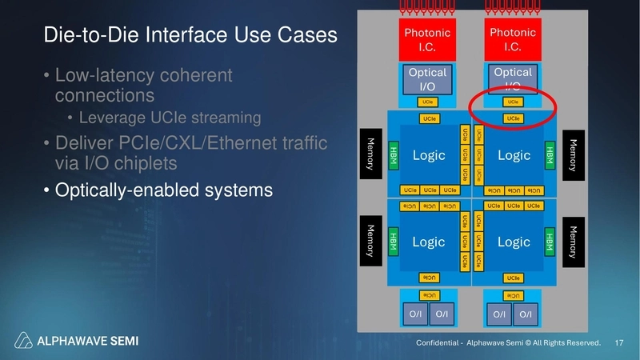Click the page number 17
(x=618, y=342)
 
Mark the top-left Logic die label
(x=429, y=155)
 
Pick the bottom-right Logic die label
(x=514, y=242)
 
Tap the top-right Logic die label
(x=514, y=155)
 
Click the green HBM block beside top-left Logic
(x=393, y=155)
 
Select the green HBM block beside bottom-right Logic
(x=550, y=242)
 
